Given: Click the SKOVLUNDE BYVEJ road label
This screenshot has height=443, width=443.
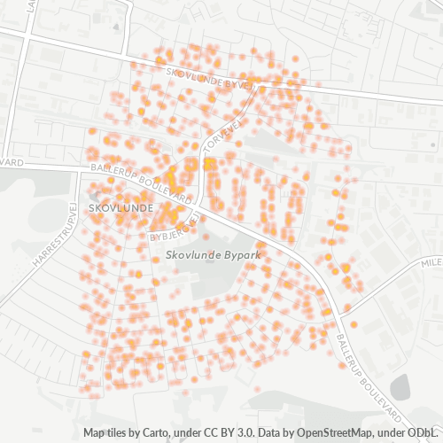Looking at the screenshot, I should tap(209, 78).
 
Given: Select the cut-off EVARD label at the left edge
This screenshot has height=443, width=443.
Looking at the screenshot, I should tap(11, 162).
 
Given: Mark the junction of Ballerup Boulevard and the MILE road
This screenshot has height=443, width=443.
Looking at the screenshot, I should tap(342, 309).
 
